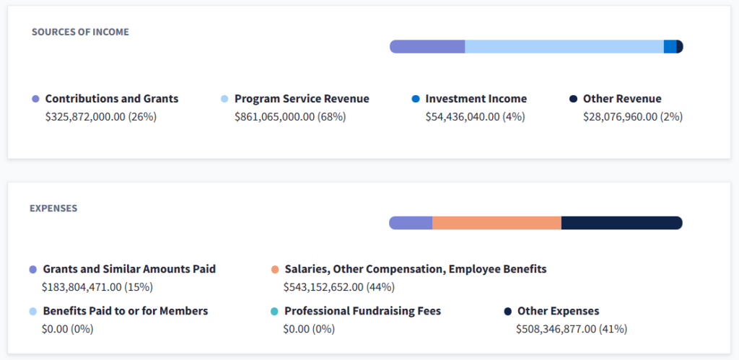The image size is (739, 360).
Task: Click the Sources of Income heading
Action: point(80,32)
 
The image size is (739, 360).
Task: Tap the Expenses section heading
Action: point(53,208)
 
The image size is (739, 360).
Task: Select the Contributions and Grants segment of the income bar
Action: point(427,47)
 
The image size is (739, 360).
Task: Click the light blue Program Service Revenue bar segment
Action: point(564,47)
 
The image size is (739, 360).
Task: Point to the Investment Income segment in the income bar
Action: point(670,47)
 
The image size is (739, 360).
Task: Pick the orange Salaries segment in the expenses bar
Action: point(497,223)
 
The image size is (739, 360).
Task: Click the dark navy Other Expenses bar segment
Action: point(621,223)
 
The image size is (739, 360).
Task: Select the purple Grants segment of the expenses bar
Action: point(411,223)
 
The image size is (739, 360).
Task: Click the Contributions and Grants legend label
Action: point(112,99)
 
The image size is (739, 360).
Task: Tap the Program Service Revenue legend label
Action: point(302,99)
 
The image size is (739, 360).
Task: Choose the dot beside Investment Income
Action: point(415,99)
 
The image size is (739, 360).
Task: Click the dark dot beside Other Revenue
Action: point(573,99)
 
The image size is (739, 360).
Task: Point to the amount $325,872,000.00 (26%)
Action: point(101,116)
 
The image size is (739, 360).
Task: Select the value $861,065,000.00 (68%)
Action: point(290,116)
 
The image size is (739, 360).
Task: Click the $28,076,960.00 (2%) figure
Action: point(633,116)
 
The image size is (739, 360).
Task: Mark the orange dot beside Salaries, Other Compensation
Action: point(275,269)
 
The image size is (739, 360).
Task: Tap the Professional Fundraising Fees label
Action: point(362,311)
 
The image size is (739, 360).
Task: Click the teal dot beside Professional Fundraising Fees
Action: point(274,312)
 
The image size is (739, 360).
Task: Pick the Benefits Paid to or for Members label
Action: point(126,311)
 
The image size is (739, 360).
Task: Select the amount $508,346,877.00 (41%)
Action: point(572,329)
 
